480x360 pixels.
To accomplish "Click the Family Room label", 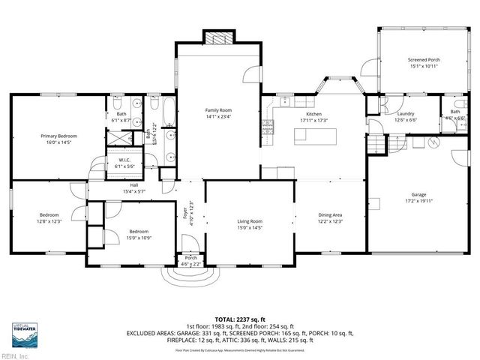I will (218, 110).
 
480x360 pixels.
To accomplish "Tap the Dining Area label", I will (331, 215).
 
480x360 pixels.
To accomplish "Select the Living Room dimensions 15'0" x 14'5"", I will (250, 227).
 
